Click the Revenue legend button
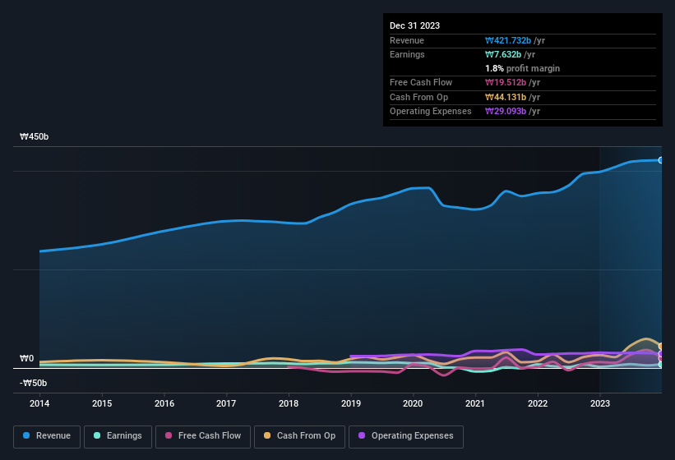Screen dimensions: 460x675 (47, 436)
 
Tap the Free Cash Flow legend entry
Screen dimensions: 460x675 (201, 436)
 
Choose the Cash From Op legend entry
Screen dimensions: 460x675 (298, 436)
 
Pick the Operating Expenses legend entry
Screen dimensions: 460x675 (406, 436)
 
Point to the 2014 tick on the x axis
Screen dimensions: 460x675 (39, 403)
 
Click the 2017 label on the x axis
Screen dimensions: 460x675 (226, 403)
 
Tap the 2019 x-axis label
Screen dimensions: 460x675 (351, 403)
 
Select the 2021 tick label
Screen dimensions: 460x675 (475, 403)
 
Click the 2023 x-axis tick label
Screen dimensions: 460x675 (600, 403)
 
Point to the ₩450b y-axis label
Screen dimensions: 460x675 (35, 137)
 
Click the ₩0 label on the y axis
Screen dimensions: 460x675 (27, 359)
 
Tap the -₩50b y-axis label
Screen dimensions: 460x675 (34, 383)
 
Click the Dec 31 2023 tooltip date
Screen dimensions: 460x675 (414, 25)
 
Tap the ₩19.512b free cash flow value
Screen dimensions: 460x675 (508, 82)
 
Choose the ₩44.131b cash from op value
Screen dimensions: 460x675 (508, 97)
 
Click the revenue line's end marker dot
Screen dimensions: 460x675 (660, 160)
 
